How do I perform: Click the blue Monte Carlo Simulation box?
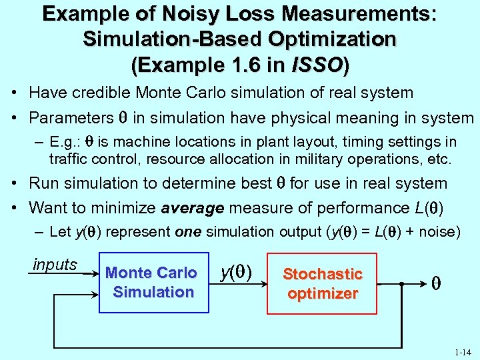154,282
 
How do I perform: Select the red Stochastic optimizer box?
322,283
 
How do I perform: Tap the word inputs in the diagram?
55,265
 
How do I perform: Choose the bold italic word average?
193,208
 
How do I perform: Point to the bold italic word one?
188,232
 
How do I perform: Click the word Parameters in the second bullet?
71,119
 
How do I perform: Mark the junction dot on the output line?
401,283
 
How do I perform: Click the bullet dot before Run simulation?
13,183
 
